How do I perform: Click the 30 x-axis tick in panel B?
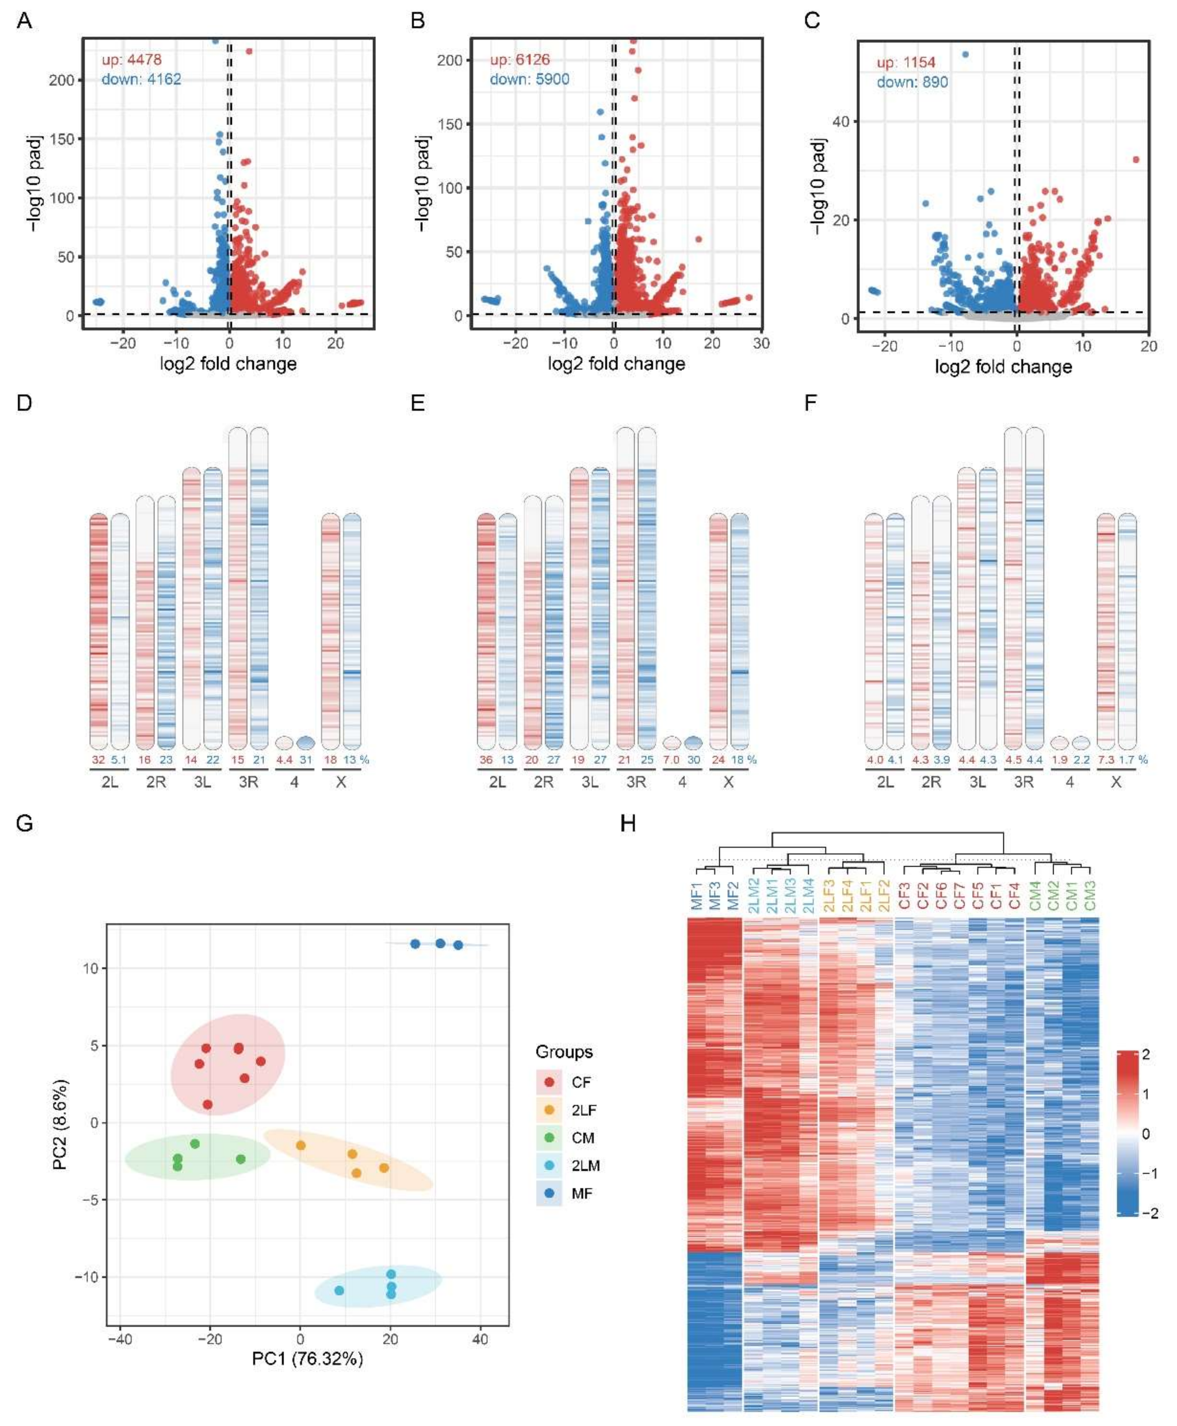click(x=761, y=344)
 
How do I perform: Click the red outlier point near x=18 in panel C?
click(x=1136, y=160)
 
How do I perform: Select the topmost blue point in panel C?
click(x=966, y=54)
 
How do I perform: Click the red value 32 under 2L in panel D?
click(x=98, y=760)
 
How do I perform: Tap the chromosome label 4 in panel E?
click(x=682, y=781)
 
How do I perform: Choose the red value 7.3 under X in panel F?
click(x=1106, y=760)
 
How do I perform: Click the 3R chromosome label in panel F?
click(x=1024, y=781)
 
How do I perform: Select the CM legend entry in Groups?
click(x=583, y=1138)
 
